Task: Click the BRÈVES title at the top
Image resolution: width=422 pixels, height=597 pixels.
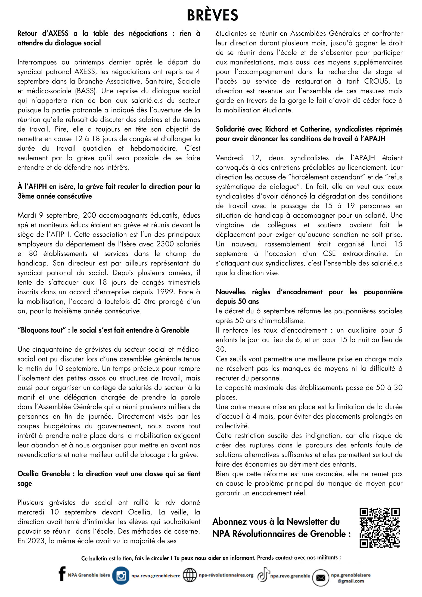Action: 212,15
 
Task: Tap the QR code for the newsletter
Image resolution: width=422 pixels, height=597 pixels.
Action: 380,527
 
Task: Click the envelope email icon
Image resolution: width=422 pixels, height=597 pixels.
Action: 321,578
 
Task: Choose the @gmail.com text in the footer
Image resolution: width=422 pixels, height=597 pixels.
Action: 350,581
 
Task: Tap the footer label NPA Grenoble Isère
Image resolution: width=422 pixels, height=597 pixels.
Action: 89,575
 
